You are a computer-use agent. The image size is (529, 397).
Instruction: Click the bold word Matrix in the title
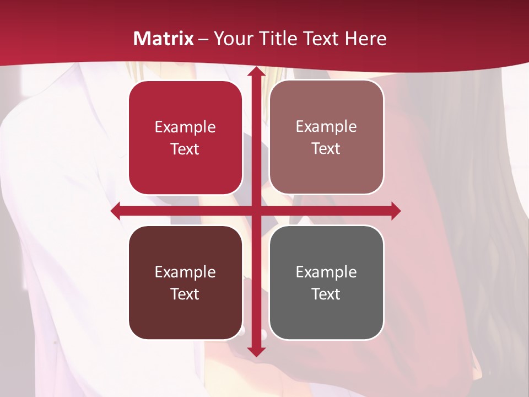(164, 39)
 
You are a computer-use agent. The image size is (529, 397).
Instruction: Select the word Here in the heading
(365, 39)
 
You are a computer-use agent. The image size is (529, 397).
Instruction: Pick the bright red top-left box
(185, 138)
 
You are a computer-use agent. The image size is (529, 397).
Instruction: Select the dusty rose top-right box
(326, 137)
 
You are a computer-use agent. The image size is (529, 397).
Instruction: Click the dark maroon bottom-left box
(185, 282)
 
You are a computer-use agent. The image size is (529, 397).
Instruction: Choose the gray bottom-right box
(326, 282)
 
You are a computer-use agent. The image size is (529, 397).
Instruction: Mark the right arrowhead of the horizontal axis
(396, 211)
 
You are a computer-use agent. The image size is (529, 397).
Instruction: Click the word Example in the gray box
(326, 272)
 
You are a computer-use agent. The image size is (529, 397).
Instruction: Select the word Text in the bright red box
(185, 149)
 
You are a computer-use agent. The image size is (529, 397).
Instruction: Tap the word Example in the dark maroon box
(185, 272)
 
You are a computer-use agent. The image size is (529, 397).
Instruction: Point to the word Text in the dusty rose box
(326, 148)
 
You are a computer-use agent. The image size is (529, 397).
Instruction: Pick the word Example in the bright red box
(185, 127)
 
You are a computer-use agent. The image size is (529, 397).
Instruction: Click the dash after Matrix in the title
(203, 39)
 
